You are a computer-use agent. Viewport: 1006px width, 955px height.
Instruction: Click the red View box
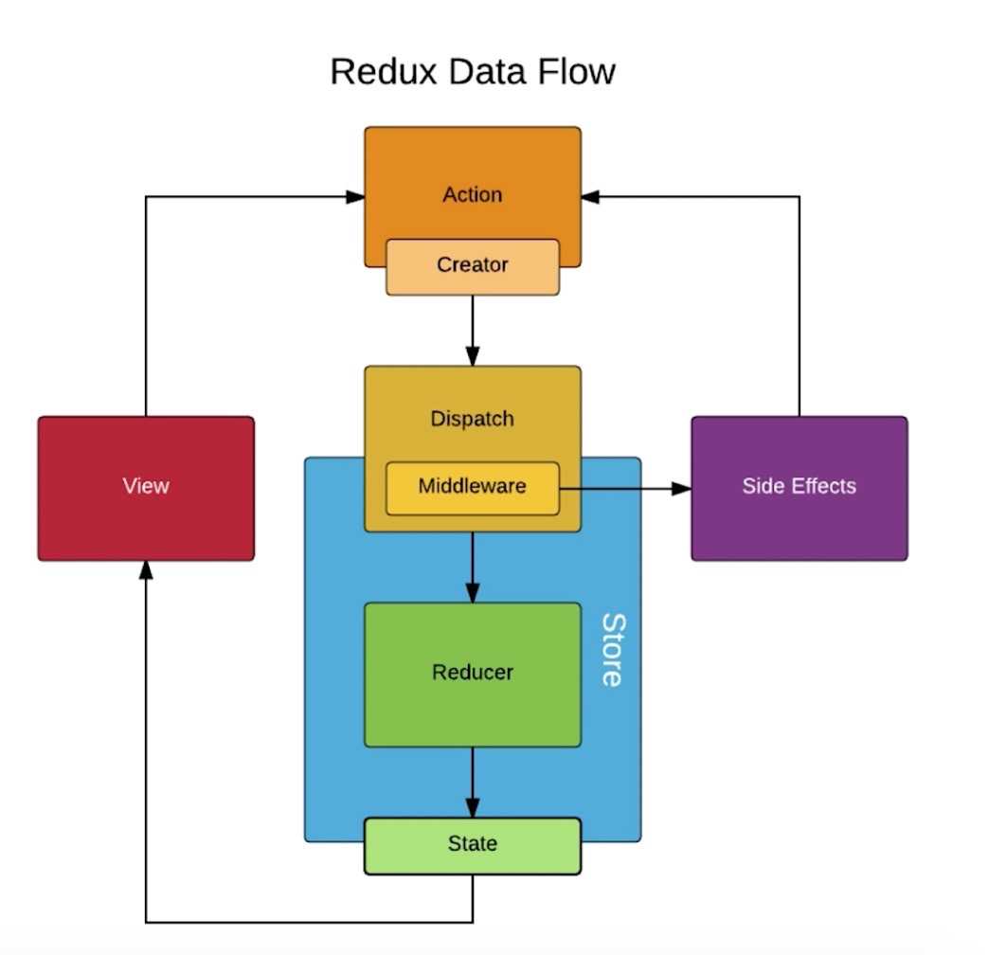[146, 487]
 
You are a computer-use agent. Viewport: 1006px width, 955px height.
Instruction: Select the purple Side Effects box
[799, 487]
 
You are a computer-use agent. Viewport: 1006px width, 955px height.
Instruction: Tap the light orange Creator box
[473, 266]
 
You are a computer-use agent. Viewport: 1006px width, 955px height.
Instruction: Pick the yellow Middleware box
[473, 487]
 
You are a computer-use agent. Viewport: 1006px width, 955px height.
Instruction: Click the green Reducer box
[473, 673]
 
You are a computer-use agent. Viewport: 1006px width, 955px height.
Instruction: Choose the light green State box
[473, 844]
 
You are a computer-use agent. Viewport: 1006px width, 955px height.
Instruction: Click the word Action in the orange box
[473, 195]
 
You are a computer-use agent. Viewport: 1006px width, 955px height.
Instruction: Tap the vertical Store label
[614, 650]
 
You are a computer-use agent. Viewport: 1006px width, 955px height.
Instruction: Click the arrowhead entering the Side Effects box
[682, 489]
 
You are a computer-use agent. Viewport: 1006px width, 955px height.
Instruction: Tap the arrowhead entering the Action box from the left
[355, 197]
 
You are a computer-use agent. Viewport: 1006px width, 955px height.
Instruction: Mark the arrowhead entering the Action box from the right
[591, 197]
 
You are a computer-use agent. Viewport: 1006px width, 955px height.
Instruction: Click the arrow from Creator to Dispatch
[473, 327]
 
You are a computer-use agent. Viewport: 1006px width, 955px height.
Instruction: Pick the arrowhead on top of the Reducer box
[473, 592]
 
